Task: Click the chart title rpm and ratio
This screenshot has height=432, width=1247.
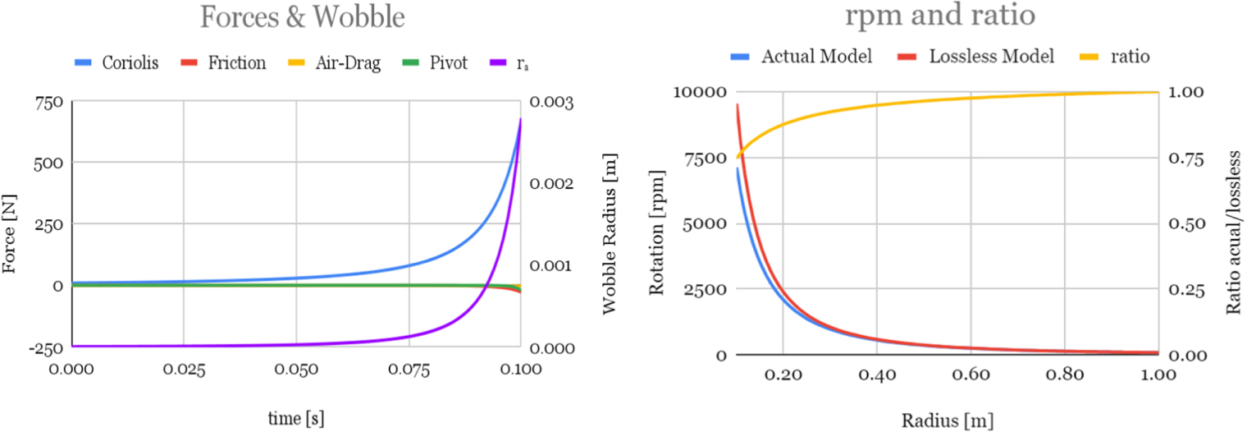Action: tap(942, 16)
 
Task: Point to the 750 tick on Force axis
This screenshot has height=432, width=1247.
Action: tap(50, 102)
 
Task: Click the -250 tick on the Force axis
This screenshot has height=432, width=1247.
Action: tap(48, 347)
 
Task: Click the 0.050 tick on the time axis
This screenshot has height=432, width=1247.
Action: tap(296, 369)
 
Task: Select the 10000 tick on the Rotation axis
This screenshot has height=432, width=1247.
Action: tap(697, 92)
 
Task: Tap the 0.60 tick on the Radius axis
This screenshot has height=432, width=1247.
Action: tap(970, 375)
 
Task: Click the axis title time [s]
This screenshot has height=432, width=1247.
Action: tap(296, 418)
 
